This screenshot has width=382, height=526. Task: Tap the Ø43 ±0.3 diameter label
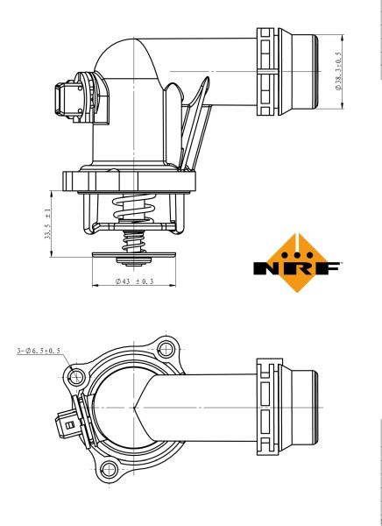[134, 281]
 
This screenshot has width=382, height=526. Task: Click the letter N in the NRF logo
[267, 266]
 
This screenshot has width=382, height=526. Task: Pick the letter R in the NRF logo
[295, 266]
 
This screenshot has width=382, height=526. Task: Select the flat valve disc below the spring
[133, 257]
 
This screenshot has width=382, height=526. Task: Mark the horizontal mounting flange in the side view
[131, 181]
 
